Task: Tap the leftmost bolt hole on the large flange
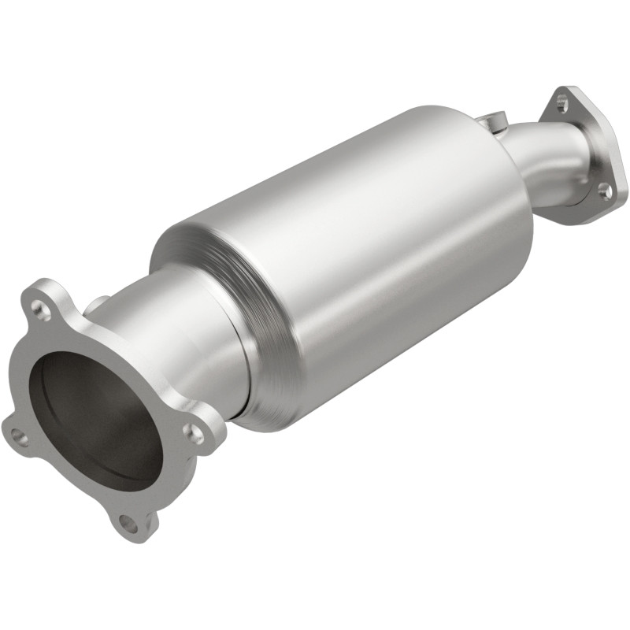tap(17, 435)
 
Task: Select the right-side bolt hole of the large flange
tap(195, 432)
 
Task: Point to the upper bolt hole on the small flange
tap(561, 102)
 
